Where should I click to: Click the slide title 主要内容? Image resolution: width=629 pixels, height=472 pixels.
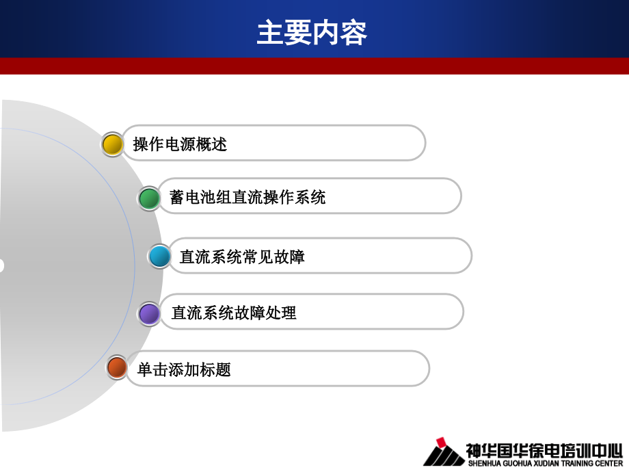[312, 32]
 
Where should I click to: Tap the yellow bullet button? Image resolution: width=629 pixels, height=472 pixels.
[112, 144]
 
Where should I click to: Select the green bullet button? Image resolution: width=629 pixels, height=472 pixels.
[149, 198]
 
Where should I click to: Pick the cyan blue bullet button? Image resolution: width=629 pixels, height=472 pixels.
[160, 257]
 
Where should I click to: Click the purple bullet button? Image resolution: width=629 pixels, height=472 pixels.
[149, 314]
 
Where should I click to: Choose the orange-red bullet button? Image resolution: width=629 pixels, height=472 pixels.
[117, 367]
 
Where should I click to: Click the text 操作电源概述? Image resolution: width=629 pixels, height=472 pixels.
[180, 144]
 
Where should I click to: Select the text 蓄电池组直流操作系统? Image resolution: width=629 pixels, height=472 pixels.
[247, 198]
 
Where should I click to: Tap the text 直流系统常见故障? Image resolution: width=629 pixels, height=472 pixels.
[242, 257]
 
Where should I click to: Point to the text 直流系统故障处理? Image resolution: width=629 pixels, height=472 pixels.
[234, 313]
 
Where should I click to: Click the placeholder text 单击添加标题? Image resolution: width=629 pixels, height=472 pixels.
[184, 369]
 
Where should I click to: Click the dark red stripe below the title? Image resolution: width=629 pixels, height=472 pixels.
[314, 66]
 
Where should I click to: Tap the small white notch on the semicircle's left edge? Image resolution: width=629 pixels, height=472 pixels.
[1, 265]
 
